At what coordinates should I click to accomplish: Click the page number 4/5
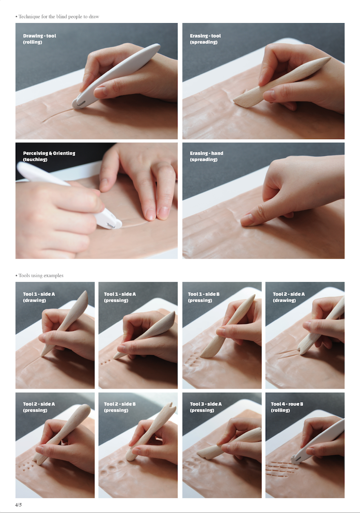tap(18, 505)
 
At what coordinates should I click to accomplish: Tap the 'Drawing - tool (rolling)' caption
tap(39, 39)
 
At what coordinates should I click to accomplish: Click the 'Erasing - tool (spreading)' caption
tap(205, 39)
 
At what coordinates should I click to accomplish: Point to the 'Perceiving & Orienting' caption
tap(49, 153)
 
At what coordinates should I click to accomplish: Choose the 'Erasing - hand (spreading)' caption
tap(206, 156)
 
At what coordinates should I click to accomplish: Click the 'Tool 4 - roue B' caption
tap(287, 404)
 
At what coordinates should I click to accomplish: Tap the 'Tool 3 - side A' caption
tap(206, 404)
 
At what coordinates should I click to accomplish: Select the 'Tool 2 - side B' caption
tap(120, 404)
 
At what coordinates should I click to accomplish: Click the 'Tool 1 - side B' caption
tap(204, 294)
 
